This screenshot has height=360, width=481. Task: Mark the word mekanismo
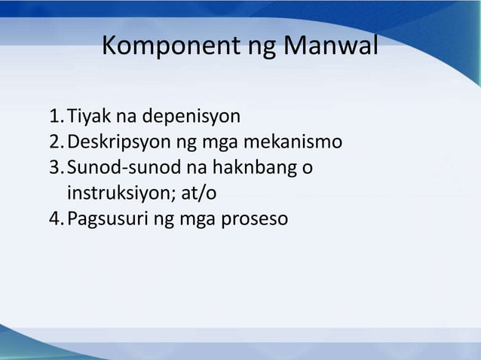pyautogui.click(x=299, y=143)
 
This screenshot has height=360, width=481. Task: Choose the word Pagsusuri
pyautogui.click(x=106, y=220)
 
